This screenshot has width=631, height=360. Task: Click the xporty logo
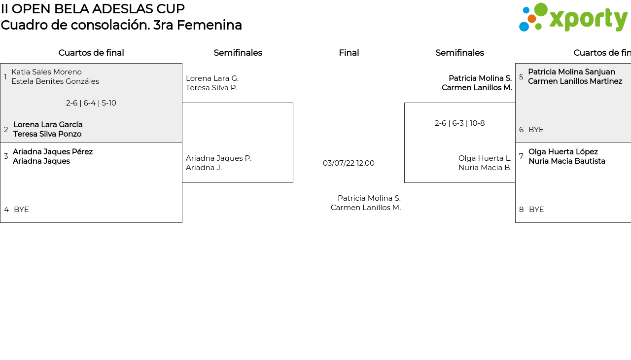pos(573,18)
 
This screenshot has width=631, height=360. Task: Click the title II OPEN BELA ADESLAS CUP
pos(93,9)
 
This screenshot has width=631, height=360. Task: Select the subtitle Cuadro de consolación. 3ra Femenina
pos(121,25)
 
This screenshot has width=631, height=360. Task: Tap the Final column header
pos(349,53)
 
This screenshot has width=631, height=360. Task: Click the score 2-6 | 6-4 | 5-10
pos(91,103)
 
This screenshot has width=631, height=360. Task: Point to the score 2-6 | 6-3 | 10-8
pos(459,123)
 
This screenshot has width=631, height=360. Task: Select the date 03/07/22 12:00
pos(349,163)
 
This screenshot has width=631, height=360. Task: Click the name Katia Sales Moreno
pos(46,72)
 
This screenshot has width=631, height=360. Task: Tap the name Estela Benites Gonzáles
pos(55,81)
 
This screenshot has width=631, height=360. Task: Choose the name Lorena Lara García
pos(48,125)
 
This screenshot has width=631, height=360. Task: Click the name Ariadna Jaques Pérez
pos(53,152)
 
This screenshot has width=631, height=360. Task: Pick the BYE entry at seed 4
pos(21,210)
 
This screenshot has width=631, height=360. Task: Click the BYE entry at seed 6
pos(536,130)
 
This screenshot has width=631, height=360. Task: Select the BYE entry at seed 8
pos(536,210)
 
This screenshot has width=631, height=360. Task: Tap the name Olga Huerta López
pos(563,152)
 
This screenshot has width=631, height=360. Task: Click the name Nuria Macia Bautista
pos(566,161)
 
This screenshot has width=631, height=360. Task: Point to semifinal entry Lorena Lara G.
pos(212,78)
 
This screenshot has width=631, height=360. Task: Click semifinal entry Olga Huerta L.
pos(485,158)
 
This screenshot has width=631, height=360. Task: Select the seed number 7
pos(521,156)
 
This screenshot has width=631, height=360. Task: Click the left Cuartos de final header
pos(91,53)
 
